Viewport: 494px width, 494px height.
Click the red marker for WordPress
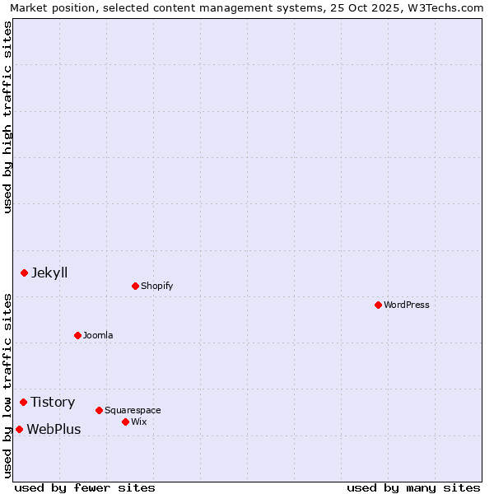click(378, 305)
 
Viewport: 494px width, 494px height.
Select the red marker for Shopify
click(135, 286)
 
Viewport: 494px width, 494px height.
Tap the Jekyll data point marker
click(24, 273)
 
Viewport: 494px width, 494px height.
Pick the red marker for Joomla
click(77, 335)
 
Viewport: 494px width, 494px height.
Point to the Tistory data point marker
click(23, 402)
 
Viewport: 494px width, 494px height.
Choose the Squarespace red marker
click(99, 410)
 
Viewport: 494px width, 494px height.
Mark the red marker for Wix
click(125, 422)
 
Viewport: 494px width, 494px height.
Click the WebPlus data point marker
click(19, 429)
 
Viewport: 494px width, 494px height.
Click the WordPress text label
click(407, 305)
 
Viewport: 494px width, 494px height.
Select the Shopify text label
click(156, 286)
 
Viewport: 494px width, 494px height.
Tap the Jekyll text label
click(49, 273)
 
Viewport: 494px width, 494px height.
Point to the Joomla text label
click(98, 335)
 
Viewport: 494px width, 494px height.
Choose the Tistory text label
click(53, 402)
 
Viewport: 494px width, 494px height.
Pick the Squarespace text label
click(133, 410)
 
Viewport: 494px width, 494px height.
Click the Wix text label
click(138, 422)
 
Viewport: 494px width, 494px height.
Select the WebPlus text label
click(54, 429)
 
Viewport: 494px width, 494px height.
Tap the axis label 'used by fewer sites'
click(85, 487)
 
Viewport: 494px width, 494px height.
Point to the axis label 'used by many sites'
click(413, 487)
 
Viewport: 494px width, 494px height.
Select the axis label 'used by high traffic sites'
click(7, 117)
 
